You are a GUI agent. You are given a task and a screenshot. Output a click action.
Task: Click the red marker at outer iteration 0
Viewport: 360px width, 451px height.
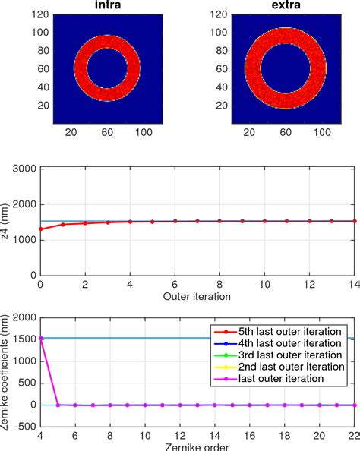click(x=39, y=229)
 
